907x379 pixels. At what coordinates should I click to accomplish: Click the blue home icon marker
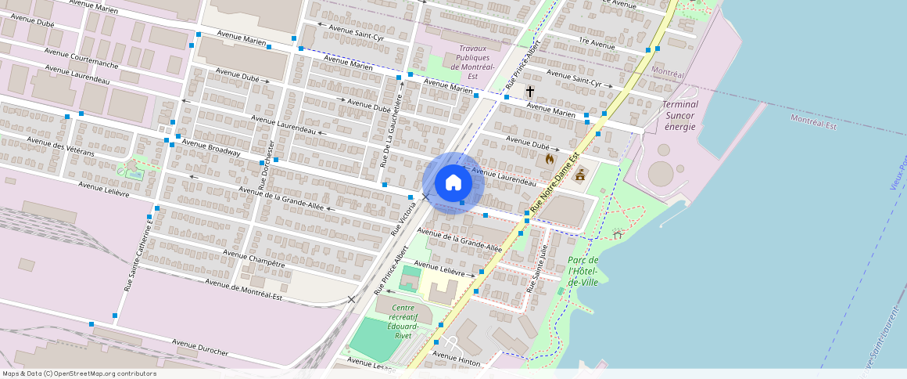[x=453, y=183]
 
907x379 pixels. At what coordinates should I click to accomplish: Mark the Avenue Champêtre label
[x=254, y=258]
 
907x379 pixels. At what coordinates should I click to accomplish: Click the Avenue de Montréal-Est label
[x=243, y=289]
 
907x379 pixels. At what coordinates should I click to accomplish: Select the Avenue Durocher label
[x=200, y=348]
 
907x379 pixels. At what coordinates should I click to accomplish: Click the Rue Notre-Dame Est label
[x=554, y=182]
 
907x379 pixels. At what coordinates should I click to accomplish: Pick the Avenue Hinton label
[x=456, y=356]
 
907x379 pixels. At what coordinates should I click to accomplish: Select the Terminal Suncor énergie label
[x=679, y=115]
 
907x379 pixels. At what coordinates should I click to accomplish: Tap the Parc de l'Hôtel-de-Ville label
[x=583, y=271]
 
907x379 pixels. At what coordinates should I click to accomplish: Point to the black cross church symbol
[x=530, y=92]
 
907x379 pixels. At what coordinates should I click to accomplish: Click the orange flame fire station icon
[x=550, y=158]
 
